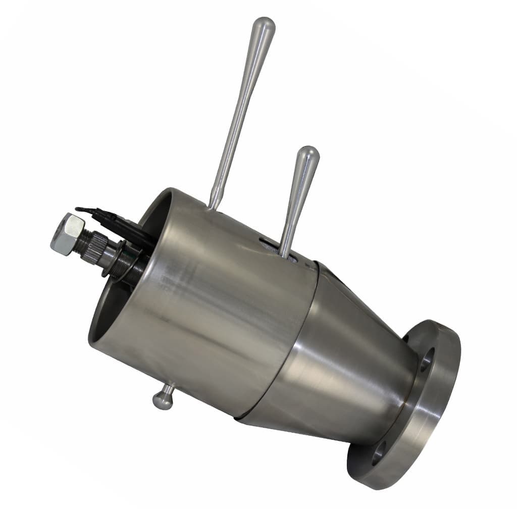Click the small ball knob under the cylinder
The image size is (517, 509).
tap(163, 400)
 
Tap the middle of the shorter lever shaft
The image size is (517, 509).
tap(295, 207)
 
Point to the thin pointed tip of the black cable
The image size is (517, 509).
tap(77, 209)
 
